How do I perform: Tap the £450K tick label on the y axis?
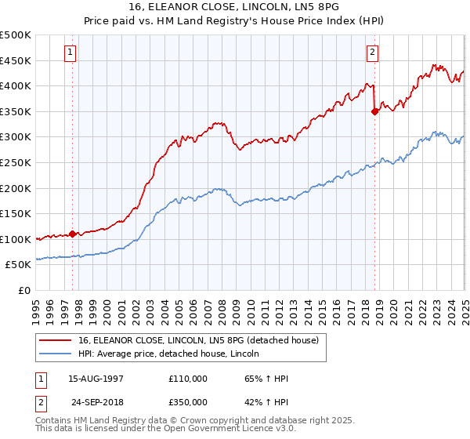click(x=16, y=60)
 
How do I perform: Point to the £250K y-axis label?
click(x=16, y=162)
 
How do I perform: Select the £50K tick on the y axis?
click(x=19, y=265)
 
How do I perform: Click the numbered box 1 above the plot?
click(x=70, y=53)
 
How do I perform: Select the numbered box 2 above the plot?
click(x=372, y=53)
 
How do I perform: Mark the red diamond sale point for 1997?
click(x=73, y=234)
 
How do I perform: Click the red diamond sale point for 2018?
click(x=374, y=111)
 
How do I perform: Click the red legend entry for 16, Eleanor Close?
click(x=197, y=340)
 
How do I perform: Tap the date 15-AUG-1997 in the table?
click(x=96, y=379)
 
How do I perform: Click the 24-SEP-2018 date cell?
click(x=96, y=402)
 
